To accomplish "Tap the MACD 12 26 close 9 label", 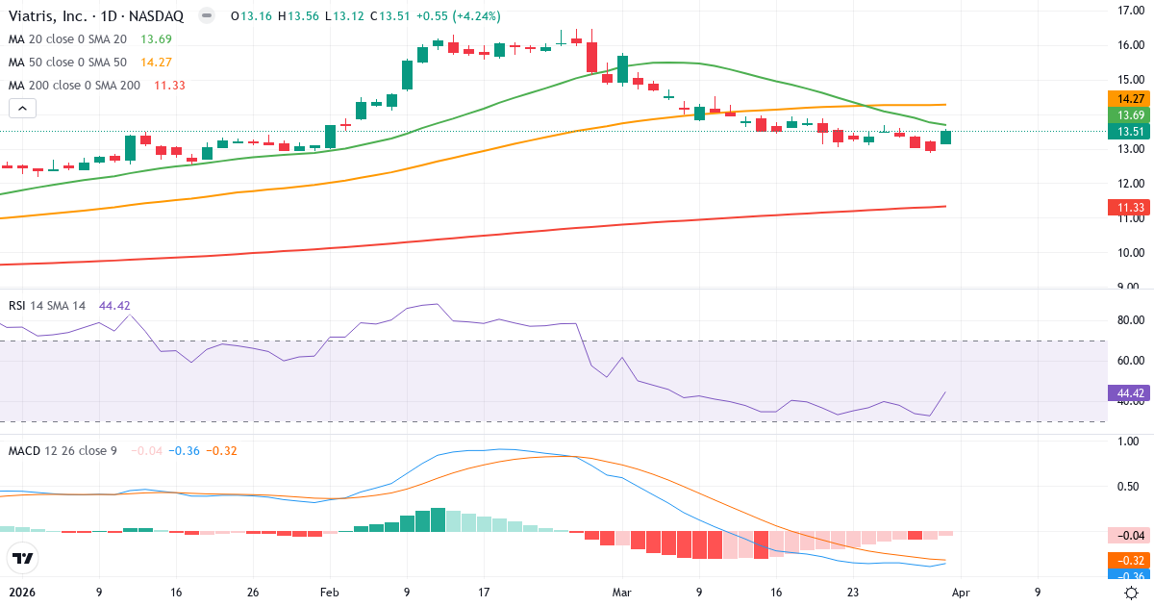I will [x=63, y=450].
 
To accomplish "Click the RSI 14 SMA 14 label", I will [x=47, y=305].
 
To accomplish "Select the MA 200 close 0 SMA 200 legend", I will [x=73, y=85].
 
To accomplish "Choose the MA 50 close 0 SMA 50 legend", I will [x=67, y=62].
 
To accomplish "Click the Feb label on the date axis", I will [x=329, y=593].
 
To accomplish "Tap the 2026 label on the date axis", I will [x=21, y=593].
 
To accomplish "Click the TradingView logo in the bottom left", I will [x=22, y=558].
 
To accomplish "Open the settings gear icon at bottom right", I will [x=1132, y=593].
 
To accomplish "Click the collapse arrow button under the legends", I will [x=22, y=108].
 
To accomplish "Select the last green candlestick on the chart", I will [x=945, y=138].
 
